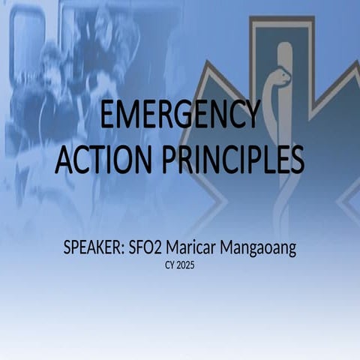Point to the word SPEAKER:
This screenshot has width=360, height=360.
[x=94, y=248]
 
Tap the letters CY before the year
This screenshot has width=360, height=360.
[x=169, y=265]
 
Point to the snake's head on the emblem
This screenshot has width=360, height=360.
[x=283, y=75]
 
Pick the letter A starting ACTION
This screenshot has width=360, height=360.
[x=65, y=158]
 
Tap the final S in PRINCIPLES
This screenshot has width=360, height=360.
[x=295, y=158]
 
